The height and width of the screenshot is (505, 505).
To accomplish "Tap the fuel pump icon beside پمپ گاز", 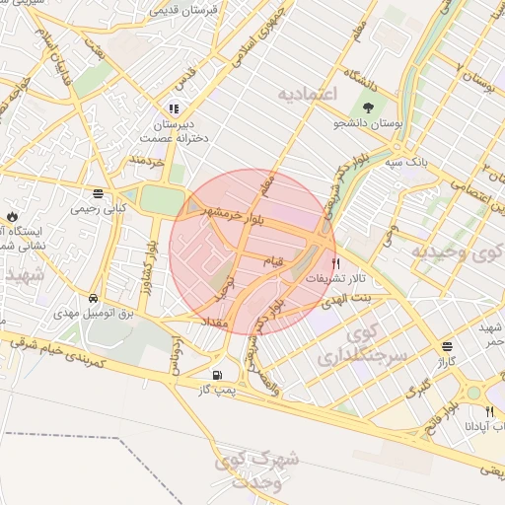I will [x=217, y=375].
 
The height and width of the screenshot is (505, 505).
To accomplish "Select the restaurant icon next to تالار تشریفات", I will [x=336, y=263].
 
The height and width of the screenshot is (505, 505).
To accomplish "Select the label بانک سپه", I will [x=407, y=161].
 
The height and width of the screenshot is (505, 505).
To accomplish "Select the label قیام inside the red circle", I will [x=270, y=259].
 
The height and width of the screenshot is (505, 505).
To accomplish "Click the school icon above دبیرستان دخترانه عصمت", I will [x=174, y=108].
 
